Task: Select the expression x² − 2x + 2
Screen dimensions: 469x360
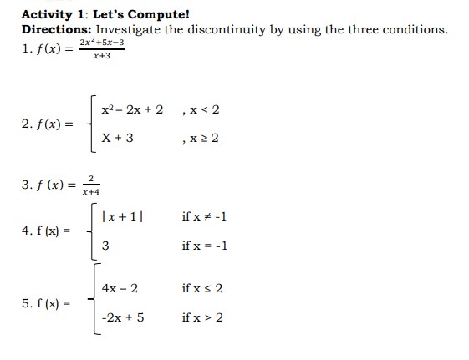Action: tap(133, 109)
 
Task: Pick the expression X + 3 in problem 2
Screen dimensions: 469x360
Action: tap(117, 138)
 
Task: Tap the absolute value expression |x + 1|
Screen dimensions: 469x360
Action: tap(122, 216)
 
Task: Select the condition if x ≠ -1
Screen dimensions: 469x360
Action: tap(204, 216)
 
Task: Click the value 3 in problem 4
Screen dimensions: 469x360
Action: tap(105, 246)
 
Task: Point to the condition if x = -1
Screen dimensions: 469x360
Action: tap(204, 246)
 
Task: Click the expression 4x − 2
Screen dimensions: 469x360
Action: tap(120, 289)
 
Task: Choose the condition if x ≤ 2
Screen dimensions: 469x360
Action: tap(201, 289)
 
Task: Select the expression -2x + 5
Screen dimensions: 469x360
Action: tap(123, 317)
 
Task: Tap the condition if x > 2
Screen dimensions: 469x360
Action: tap(201, 317)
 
